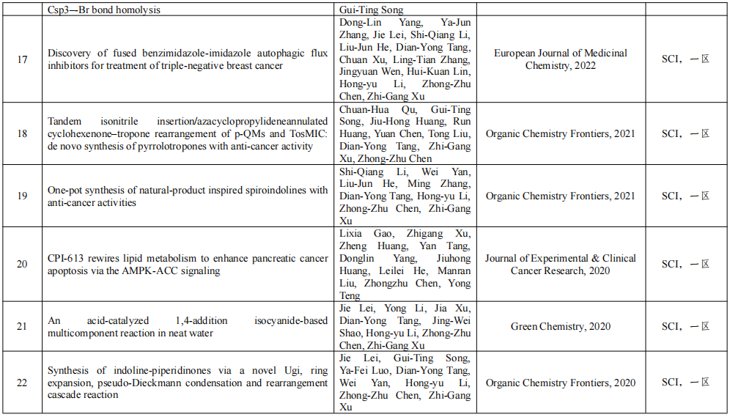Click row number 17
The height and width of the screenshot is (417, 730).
[x=22, y=59]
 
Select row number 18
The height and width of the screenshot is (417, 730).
[x=22, y=133]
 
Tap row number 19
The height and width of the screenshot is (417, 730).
[x=22, y=196]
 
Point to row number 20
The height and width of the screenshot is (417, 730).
[x=22, y=264]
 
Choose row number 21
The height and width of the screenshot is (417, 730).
[x=22, y=326]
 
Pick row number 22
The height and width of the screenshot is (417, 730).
[x=22, y=383]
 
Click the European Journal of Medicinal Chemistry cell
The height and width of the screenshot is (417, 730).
[x=561, y=59]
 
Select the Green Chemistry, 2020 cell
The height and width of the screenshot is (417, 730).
[x=561, y=326]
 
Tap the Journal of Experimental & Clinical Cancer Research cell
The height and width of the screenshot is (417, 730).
[x=561, y=265]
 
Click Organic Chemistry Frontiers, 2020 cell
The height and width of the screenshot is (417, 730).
[x=561, y=383]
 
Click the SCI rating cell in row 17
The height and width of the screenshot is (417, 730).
[x=685, y=59]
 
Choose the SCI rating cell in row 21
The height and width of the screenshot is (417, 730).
[x=685, y=326]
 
